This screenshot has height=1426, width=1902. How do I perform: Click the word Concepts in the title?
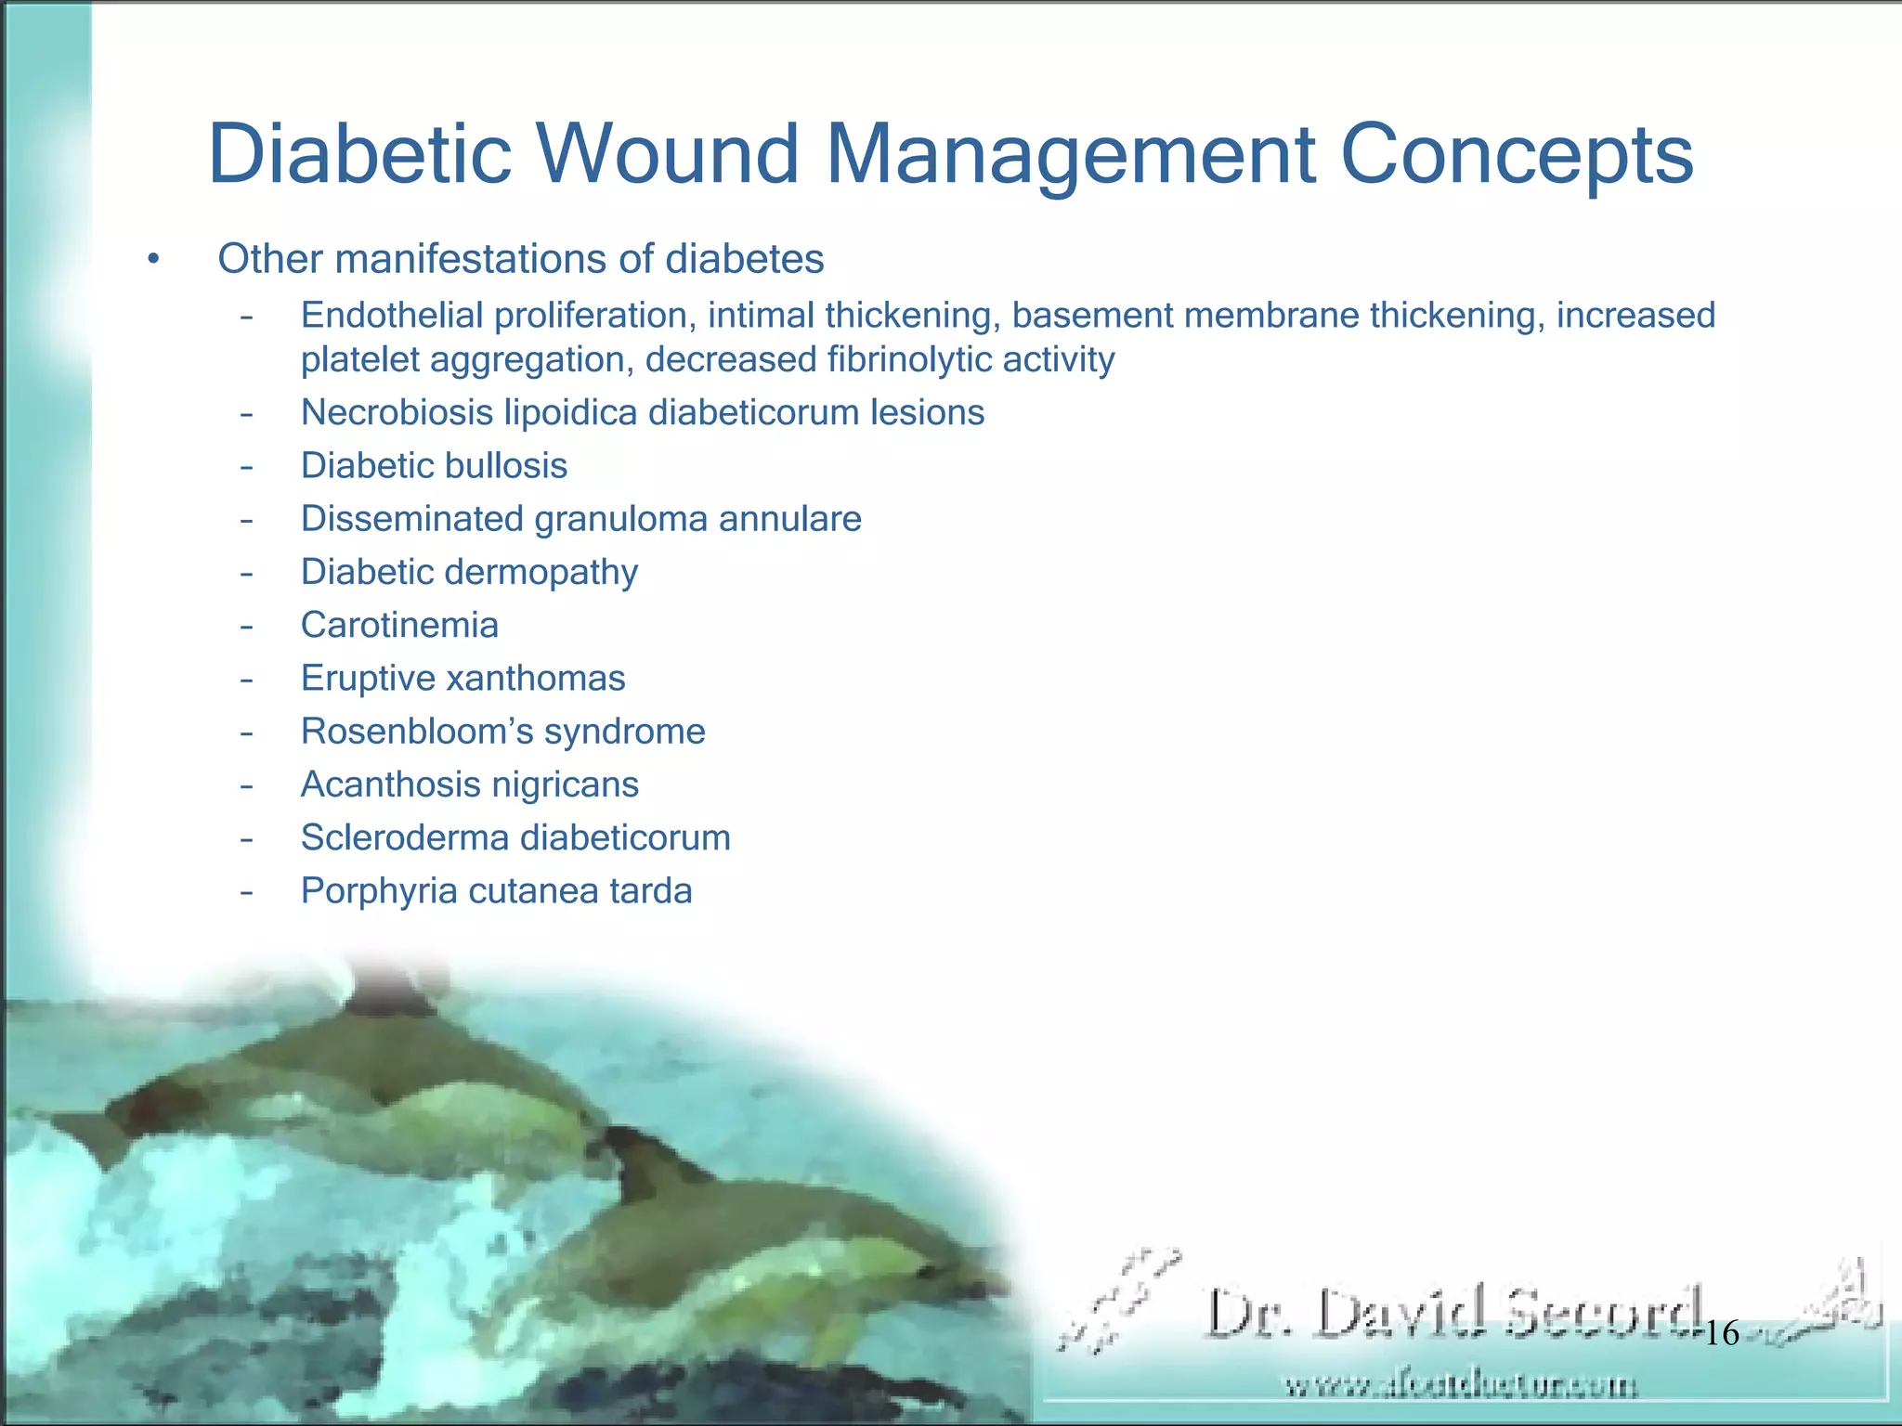click(1517, 154)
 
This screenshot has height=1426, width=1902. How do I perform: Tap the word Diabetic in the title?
click(360, 154)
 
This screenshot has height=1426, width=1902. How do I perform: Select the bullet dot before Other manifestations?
click(153, 260)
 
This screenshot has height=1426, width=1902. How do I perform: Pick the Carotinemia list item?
click(399, 625)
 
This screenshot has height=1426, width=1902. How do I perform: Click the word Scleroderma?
click(402, 838)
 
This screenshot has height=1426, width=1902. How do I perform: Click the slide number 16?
click(1722, 1334)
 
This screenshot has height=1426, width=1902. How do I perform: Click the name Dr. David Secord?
click(1453, 1313)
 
